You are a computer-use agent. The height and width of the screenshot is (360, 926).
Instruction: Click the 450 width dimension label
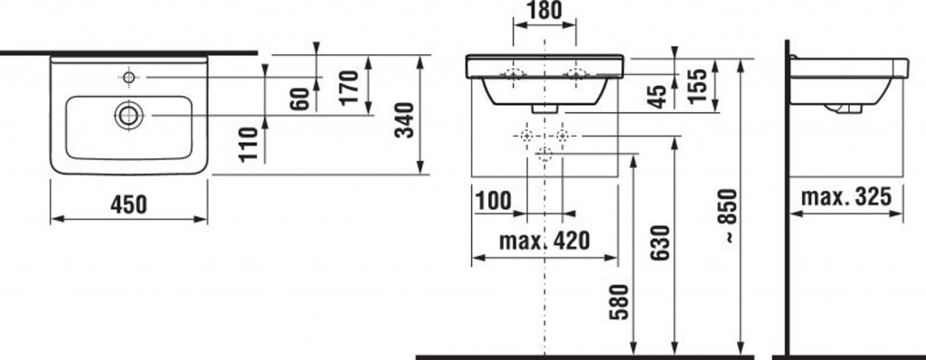tap(128, 204)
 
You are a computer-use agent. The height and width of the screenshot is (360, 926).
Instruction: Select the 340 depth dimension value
tap(404, 120)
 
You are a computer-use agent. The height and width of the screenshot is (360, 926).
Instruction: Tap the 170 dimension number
tap(350, 86)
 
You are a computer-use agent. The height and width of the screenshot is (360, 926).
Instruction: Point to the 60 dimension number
tap(300, 99)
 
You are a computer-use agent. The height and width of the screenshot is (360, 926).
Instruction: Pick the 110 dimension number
tap(250, 144)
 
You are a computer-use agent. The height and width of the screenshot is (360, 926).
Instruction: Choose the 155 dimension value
tap(697, 86)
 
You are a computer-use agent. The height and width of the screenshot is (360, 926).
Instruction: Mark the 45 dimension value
tap(657, 97)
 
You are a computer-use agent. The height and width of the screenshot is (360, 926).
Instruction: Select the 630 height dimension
tap(661, 242)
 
